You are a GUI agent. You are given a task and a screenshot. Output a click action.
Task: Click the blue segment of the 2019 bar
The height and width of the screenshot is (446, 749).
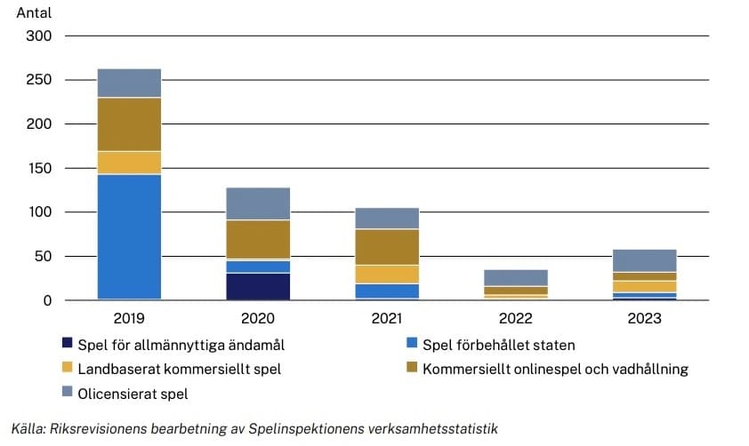(129, 236)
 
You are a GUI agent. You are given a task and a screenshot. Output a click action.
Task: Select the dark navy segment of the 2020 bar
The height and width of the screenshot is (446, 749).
(258, 286)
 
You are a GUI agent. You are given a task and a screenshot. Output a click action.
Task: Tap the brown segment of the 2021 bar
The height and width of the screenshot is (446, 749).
(387, 247)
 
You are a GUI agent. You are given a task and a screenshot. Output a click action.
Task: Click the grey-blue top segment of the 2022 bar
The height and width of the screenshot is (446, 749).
(516, 277)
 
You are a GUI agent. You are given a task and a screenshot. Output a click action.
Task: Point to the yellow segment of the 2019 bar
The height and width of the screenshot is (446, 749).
(129, 163)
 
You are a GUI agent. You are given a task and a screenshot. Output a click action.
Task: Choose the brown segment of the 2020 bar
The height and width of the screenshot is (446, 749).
(258, 239)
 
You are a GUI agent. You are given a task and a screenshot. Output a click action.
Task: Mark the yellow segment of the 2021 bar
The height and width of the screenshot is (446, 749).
(387, 274)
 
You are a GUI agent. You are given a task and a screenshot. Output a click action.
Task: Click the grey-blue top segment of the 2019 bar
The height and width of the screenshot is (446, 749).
(129, 83)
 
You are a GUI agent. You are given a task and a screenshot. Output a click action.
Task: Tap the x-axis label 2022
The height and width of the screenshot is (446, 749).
(516, 318)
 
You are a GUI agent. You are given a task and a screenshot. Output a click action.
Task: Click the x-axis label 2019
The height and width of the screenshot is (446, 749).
(129, 318)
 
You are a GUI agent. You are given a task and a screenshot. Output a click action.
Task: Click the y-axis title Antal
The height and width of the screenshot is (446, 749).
(34, 13)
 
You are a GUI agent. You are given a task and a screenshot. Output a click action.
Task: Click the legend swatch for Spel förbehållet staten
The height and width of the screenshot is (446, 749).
(411, 344)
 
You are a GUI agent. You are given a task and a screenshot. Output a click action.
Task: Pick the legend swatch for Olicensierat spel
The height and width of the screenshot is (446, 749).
(67, 393)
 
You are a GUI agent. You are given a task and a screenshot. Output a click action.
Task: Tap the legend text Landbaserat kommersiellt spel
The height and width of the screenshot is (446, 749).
(180, 369)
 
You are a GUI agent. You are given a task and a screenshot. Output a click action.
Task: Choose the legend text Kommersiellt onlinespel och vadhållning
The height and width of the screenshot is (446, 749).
(555, 369)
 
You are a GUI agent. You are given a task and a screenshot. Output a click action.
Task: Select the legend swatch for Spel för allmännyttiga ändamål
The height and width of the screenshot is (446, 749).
(67, 344)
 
